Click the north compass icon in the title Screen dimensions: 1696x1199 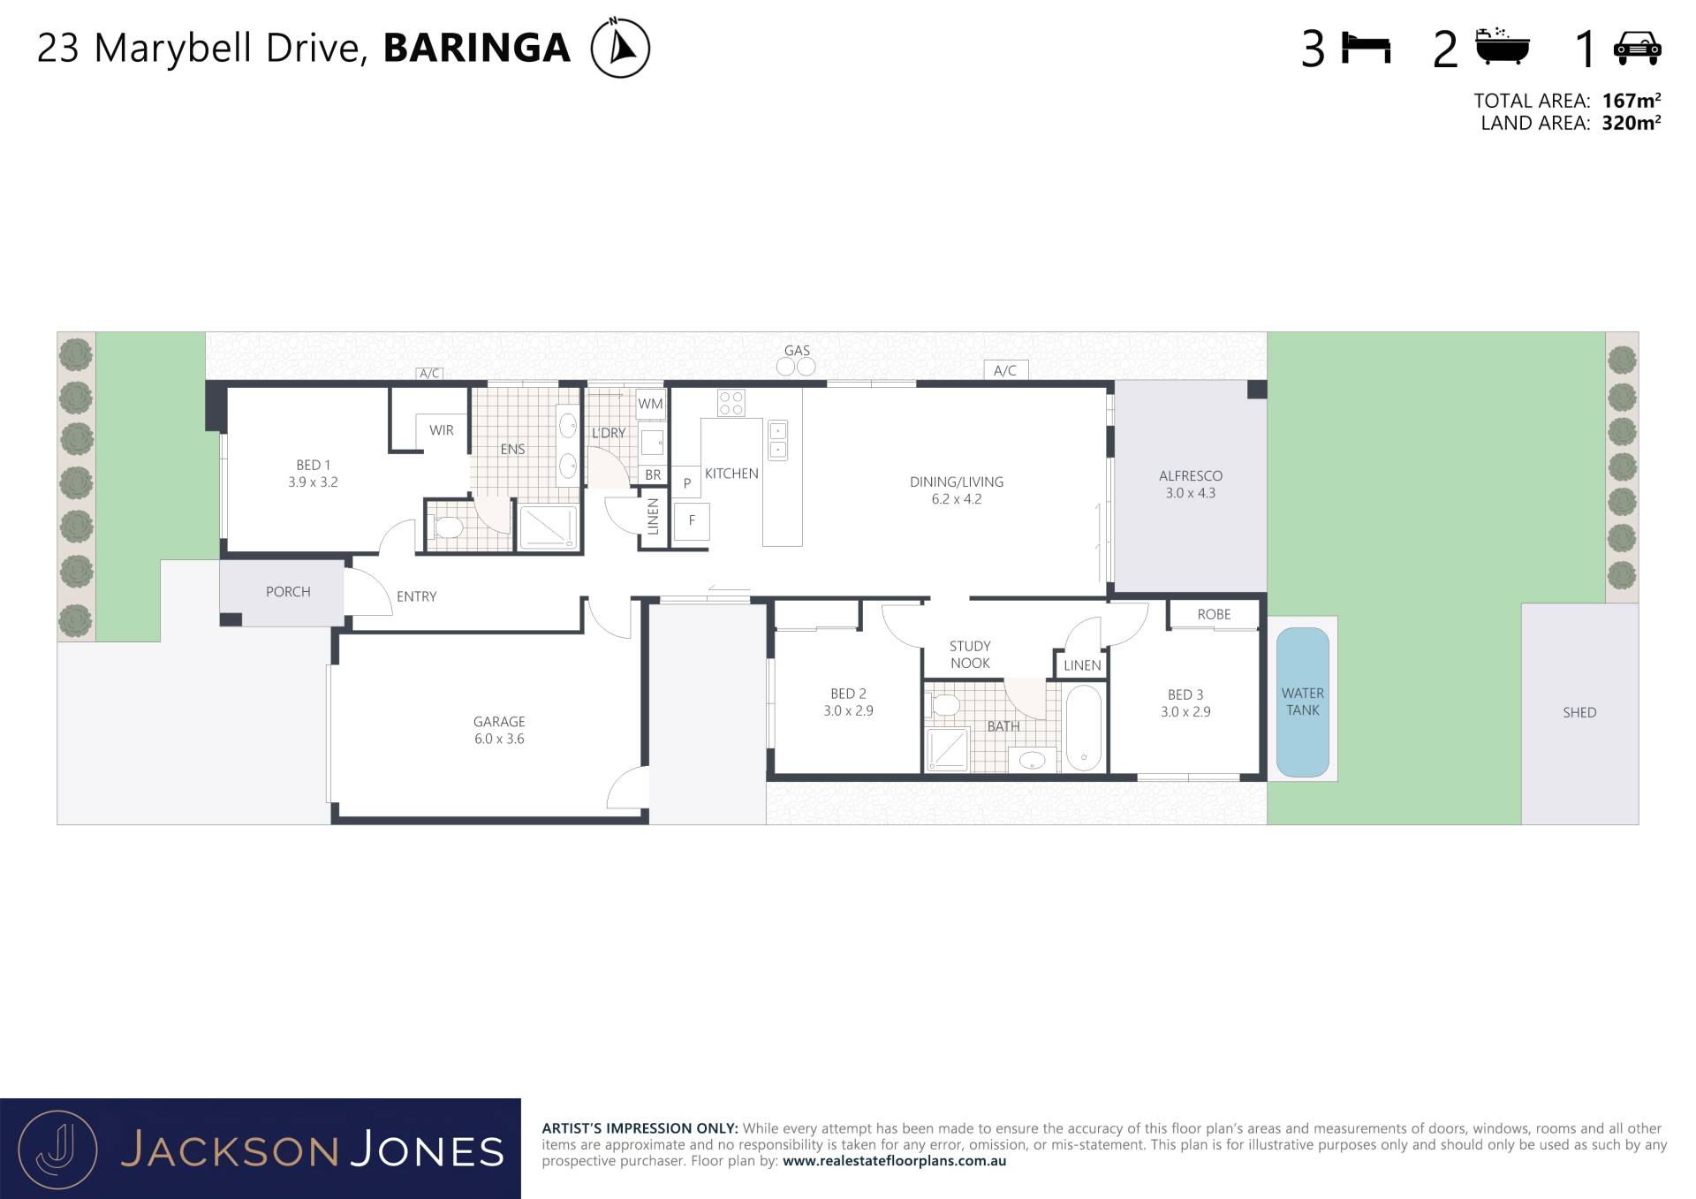[620, 47]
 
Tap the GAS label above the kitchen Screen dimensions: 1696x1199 [797, 351]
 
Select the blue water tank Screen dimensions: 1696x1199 [1302, 702]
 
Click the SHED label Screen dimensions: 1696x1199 [1579, 713]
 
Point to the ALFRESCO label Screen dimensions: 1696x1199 [1191, 476]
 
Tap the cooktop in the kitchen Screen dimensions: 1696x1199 [731, 403]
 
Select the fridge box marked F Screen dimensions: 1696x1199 [692, 521]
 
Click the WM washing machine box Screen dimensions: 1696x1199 [650, 404]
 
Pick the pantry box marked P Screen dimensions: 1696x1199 [686, 482]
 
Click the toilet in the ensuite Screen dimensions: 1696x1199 [447, 528]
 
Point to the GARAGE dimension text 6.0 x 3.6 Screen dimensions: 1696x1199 [499, 740]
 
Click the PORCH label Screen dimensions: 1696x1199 [288, 592]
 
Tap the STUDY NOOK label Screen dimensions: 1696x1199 [970, 655]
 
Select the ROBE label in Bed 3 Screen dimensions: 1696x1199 [1214, 615]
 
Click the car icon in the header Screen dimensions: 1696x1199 [1637, 48]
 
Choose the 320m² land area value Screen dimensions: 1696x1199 [1631, 123]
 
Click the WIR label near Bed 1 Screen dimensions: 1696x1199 [442, 430]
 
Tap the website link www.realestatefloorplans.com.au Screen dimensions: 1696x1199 [894, 1161]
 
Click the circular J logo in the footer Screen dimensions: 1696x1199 [57, 1150]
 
